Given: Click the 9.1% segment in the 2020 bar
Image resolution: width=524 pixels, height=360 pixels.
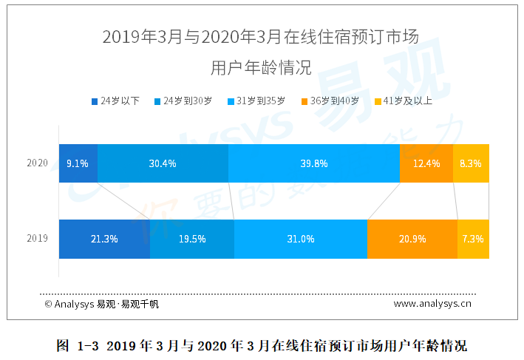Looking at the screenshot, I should tap(78, 163).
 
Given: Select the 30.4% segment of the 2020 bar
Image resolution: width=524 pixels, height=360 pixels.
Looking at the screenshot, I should tap(163, 163).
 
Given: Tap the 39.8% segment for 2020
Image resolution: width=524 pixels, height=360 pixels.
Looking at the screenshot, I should tap(314, 163).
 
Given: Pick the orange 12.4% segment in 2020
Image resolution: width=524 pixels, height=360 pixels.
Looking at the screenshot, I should tap(426, 163).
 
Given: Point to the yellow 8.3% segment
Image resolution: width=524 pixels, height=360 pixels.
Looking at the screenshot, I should tap(471, 163).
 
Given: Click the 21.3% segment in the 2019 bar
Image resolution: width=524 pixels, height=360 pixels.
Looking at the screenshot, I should tap(104, 239).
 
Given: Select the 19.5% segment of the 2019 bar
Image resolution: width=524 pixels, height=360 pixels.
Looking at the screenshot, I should tap(192, 239).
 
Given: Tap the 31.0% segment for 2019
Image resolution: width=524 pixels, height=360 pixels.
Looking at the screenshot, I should tap(301, 239).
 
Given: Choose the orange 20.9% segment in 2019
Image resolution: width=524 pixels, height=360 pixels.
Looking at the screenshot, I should tap(412, 239).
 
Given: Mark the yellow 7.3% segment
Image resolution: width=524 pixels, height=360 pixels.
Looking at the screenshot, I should tap(473, 239).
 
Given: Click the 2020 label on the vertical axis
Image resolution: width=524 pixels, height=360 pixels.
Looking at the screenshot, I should tap(37, 163).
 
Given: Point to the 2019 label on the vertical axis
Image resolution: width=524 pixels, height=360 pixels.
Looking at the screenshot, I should tap(37, 239).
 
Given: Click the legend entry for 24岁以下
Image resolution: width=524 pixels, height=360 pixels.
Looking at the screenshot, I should tap(115, 101).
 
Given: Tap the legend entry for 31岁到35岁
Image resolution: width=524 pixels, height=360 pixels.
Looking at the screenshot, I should tap(256, 101).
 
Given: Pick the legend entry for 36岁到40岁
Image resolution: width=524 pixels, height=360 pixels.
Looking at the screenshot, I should tap(330, 101).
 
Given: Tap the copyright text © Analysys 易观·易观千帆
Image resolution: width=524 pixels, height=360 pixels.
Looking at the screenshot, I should tap(101, 303).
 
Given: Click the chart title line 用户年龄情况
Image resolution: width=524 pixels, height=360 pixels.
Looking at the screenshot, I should tap(261, 67).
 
